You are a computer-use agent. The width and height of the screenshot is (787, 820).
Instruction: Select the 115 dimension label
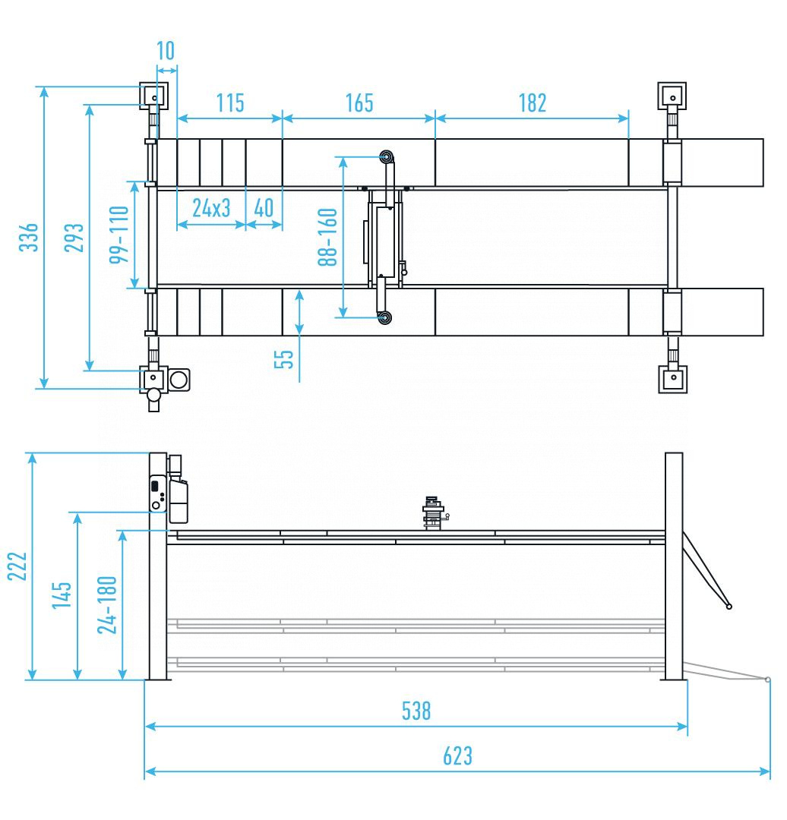tap(229, 102)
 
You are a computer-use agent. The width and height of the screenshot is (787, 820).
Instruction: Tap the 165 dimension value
tap(359, 102)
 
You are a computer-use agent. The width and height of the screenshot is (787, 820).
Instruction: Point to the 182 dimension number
tap(532, 102)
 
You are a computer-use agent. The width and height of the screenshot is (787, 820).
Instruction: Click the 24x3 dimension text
tap(211, 209)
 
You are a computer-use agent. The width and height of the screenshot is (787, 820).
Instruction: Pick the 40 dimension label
tap(264, 209)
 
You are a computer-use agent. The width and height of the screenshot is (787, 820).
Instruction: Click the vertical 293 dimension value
tap(74, 238)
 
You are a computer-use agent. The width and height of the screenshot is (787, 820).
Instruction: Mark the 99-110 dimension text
tap(118, 235)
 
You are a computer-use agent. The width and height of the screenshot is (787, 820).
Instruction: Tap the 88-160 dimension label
tap(327, 237)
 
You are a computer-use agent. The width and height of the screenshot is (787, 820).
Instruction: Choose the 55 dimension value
tap(284, 358)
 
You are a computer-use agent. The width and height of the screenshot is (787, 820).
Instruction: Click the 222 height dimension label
tap(17, 566)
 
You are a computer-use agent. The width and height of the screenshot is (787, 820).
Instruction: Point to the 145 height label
tap(62, 594)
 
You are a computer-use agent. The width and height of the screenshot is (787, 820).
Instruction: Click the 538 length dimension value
tap(416, 711)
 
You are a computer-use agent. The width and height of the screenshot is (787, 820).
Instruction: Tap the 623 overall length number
tap(457, 756)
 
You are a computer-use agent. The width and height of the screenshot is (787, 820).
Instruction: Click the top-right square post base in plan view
tap(672, 96)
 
